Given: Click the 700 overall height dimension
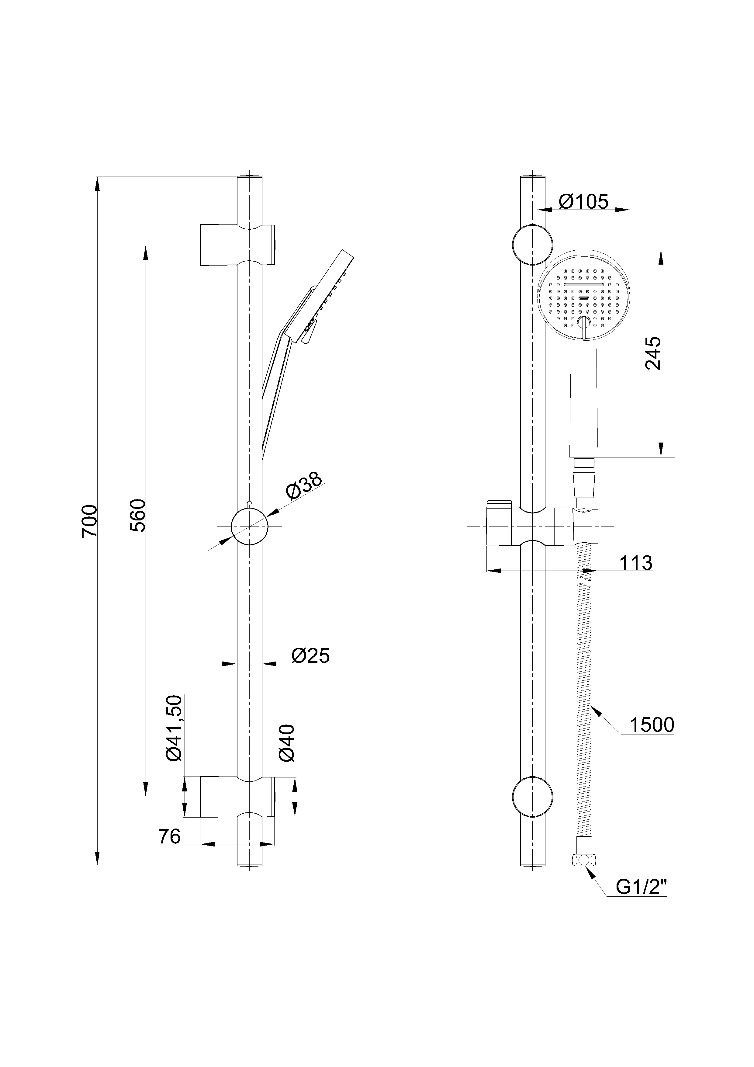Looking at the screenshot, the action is tap(89, 521).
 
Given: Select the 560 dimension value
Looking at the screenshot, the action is tap(138, 515).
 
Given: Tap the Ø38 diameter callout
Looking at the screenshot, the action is tap(304, 486).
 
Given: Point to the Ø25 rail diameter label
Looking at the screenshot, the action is tap(310, 656).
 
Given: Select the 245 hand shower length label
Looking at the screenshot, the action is tap(653, 353).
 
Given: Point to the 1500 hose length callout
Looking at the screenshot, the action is tap(652, 725).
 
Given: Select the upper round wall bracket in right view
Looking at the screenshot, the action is tap(532, 245).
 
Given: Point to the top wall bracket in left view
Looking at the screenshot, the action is tap(238, 245).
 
